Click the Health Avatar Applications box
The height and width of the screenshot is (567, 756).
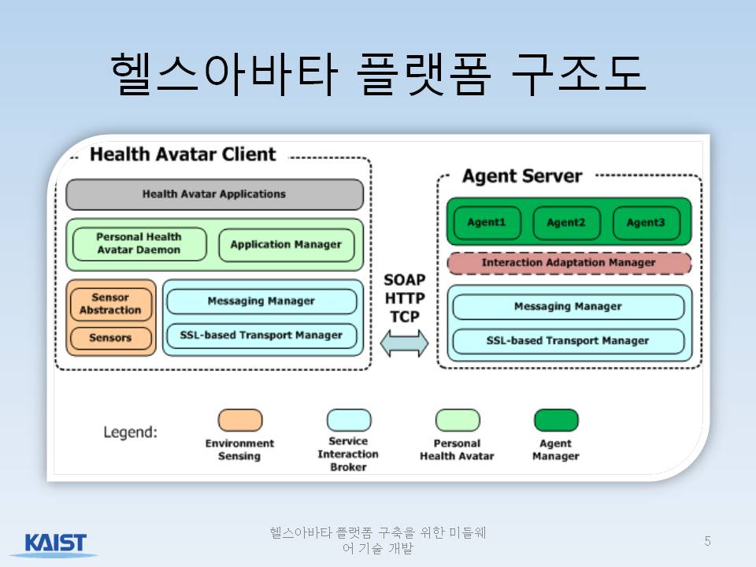[214, 195]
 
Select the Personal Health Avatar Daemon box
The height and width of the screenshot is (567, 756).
[139, 244]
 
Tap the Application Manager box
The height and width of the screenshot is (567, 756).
[287, 245]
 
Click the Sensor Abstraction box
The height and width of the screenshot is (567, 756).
[111, 304]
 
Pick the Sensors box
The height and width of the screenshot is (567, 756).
[111, 338]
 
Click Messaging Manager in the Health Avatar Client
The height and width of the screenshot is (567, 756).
[261, 302]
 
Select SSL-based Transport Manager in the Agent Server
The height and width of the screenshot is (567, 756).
[568, 341]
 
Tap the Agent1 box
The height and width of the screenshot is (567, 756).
[487, 223]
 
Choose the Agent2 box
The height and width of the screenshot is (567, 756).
[566, 223]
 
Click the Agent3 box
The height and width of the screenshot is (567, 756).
[646, 223]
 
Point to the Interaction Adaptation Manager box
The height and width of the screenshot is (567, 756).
[569, 263]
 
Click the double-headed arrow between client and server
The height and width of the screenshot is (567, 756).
[404, 343]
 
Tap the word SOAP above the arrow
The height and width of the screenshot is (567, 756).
[405, 280]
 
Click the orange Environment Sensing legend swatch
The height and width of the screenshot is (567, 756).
[240, 420]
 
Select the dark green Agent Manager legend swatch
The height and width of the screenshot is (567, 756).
[557, 420]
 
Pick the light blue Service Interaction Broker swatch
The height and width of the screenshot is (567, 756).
[349, 420]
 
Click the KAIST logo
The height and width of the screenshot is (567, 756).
[55, 544]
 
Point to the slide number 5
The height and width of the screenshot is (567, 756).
[707, 542]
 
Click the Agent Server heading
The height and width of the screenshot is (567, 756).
[522, 176]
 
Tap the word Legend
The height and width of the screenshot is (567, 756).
[130, 432]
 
